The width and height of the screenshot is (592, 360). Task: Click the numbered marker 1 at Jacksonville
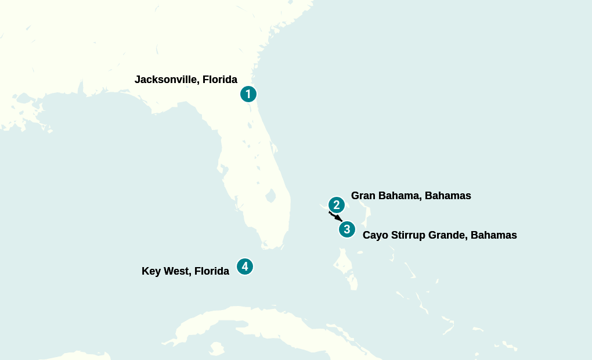click(248, 94)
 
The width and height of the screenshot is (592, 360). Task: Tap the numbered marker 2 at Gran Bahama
click(337, 205)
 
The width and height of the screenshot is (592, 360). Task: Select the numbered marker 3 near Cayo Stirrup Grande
click(347, 229)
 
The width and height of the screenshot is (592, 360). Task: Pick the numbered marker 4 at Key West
click(245, 267)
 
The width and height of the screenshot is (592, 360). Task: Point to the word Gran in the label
click(363, 196)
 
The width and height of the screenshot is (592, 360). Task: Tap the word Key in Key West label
click(151, 271)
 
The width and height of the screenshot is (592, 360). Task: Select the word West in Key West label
click(176, 271)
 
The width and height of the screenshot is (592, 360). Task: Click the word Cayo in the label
click(375, 235)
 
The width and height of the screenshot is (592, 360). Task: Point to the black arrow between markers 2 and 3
click(336, 217)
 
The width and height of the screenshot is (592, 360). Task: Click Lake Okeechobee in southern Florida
click(270, 196)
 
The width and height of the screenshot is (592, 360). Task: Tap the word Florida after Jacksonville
click(220, 80)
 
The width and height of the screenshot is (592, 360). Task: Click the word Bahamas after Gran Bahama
click(447, 196)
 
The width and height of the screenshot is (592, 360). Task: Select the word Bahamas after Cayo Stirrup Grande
click(493, 235)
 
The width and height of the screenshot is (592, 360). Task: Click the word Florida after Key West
click(212, 271)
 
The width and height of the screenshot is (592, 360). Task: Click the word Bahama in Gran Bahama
click(400, 196)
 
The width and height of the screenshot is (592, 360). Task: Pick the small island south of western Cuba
click(216, 348)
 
